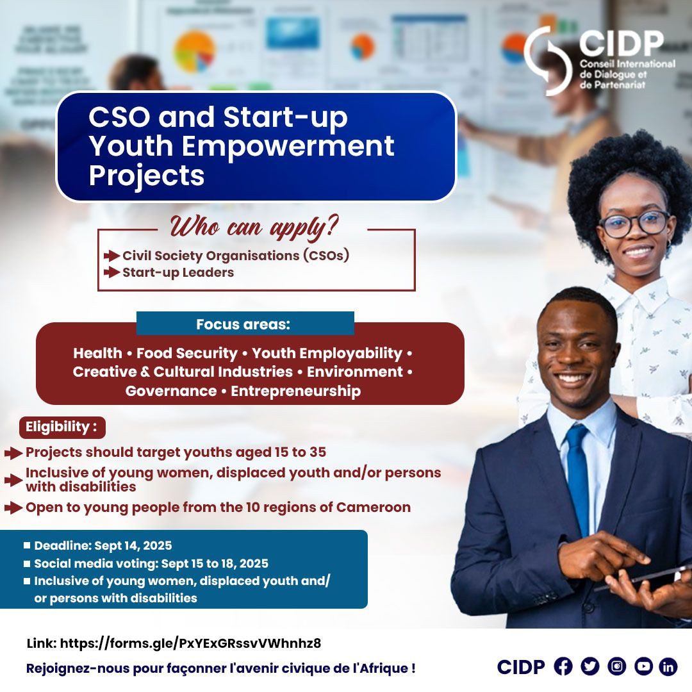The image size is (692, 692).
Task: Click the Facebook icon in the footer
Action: [x=563, y=666]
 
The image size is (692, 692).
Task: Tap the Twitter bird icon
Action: [x=589, y=666]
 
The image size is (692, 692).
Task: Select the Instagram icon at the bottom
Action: [x=616, y=666]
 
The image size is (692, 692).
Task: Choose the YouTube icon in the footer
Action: [x=643, y=666]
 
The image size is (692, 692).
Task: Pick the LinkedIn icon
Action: [x=668, y=666]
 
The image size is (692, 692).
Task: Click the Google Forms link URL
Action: [x=190, y=643]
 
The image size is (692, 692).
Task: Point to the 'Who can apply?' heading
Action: [x=254, y=227]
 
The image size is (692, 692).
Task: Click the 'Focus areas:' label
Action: [x=243, y=324]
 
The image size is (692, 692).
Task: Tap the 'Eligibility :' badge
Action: [x=62, y=427]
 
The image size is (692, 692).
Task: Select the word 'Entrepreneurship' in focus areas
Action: [x=295, y=391]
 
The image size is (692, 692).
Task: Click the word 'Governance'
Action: [x=171, y=391]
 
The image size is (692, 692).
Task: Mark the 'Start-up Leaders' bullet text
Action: [x=178, y=272]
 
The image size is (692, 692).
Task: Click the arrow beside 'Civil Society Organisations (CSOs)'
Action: [x=111, y=256]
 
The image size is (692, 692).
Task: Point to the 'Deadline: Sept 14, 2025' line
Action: [x=103, y=545]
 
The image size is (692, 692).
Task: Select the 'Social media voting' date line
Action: [x=151, y=564]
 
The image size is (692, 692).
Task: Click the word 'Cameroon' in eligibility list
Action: [x=374, y=507]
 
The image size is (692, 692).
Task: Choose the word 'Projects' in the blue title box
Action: [x=147, y=175]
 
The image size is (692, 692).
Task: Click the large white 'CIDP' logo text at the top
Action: [x=622, y=44]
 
